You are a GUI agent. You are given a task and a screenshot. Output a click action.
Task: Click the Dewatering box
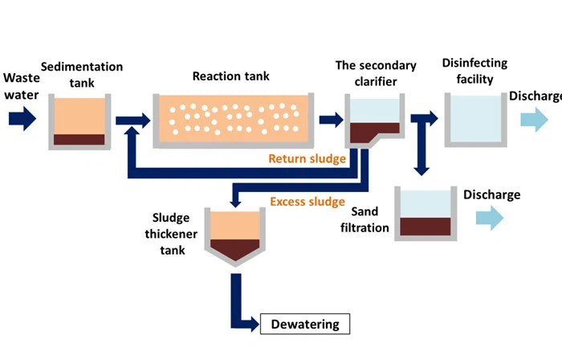pos(306,325)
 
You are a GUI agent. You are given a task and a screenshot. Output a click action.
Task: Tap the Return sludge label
pos(307,159)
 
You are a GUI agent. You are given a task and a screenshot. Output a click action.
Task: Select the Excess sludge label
pos(307,201)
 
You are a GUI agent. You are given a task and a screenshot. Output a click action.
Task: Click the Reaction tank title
pos(231,76)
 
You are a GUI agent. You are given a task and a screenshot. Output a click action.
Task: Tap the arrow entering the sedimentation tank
pos(22,120)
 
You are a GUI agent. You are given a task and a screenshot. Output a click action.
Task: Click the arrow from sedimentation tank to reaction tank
pos(133,121)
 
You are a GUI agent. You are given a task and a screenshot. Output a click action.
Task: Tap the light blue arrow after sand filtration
pos(489,217)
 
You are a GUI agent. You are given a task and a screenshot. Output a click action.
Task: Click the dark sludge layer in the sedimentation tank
pos(79,139)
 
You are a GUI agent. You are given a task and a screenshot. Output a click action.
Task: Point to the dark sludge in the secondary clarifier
pos(373,132)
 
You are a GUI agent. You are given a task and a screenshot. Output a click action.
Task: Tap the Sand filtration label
pos(370,220)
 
